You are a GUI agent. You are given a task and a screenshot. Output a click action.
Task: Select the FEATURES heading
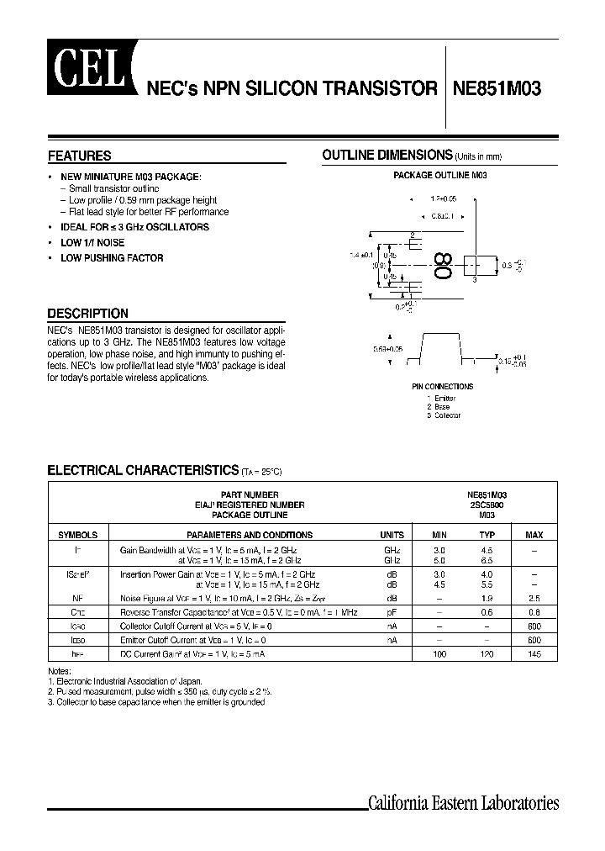tap(80, 156)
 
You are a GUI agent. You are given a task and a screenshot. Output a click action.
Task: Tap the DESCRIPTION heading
tap(88, 314)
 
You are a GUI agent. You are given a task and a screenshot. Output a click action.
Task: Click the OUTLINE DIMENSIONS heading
tap(388, 156)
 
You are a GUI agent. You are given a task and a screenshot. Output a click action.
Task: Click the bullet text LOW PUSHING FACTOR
tap(112, 258)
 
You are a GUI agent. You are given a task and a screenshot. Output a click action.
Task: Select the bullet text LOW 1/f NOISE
tap(92, 243)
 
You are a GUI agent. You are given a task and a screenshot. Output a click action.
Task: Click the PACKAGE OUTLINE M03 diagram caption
tap(440, 176)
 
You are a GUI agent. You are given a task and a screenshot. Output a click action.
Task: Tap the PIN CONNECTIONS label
tap(443, 387)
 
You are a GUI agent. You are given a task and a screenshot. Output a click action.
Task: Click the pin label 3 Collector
tap(444, 415)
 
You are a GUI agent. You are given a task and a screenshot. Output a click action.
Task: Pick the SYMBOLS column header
tap(77, 535)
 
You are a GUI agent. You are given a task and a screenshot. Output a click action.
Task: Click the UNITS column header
tap(392, 535)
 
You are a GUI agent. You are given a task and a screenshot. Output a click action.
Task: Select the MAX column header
tap(534, 535)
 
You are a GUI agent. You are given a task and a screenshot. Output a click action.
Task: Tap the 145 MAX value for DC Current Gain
tap(534, 653)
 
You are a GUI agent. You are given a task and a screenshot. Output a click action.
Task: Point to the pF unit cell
tap(392, 613)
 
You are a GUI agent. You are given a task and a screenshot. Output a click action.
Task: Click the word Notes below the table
tap(60, 670)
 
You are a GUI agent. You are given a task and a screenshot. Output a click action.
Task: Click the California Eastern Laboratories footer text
tap(464, 803)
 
